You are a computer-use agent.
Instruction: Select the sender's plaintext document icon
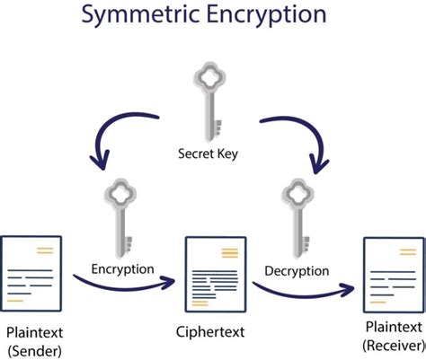tap(32, 268)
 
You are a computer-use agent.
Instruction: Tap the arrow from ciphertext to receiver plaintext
tap(301, 289)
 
